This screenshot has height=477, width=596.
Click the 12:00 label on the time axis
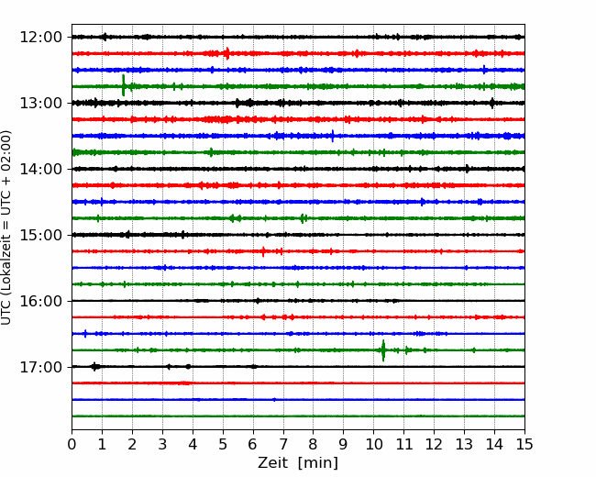[x=40, y=38]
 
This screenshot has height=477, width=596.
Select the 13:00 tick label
[x=40, y=103]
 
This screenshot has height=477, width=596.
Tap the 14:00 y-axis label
[x=40, y=169]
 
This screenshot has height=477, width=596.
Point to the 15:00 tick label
[x=40, y=235]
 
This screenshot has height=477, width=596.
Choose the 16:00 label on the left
[x=40, y=301]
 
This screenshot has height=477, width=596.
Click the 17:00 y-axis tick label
[x=40, y=367]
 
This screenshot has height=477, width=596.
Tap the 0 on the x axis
[x=72, y=444]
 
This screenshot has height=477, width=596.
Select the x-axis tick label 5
[x=223, y=444]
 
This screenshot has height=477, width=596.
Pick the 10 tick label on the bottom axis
[x=373, y=444]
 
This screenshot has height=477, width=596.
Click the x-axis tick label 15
[x=524, y=444]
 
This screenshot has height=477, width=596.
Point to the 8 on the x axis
[x=314, y=444]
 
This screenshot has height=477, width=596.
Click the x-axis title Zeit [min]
[x=298, y=463]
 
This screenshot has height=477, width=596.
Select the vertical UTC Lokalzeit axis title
[x=6, y=227]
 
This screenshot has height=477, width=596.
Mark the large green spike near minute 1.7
[x=123, y=85]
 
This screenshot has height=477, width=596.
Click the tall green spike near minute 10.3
[x=383, y=350]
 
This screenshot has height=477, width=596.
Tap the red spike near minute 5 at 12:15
[x=226, y=53]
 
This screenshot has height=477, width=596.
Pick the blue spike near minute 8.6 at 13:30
[x=333, y=136]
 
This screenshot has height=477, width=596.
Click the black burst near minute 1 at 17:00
[x=95, y=367]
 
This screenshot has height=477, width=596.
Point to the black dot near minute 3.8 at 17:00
[x=188, y=367]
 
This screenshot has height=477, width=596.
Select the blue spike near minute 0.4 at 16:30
[x=85, y=334]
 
